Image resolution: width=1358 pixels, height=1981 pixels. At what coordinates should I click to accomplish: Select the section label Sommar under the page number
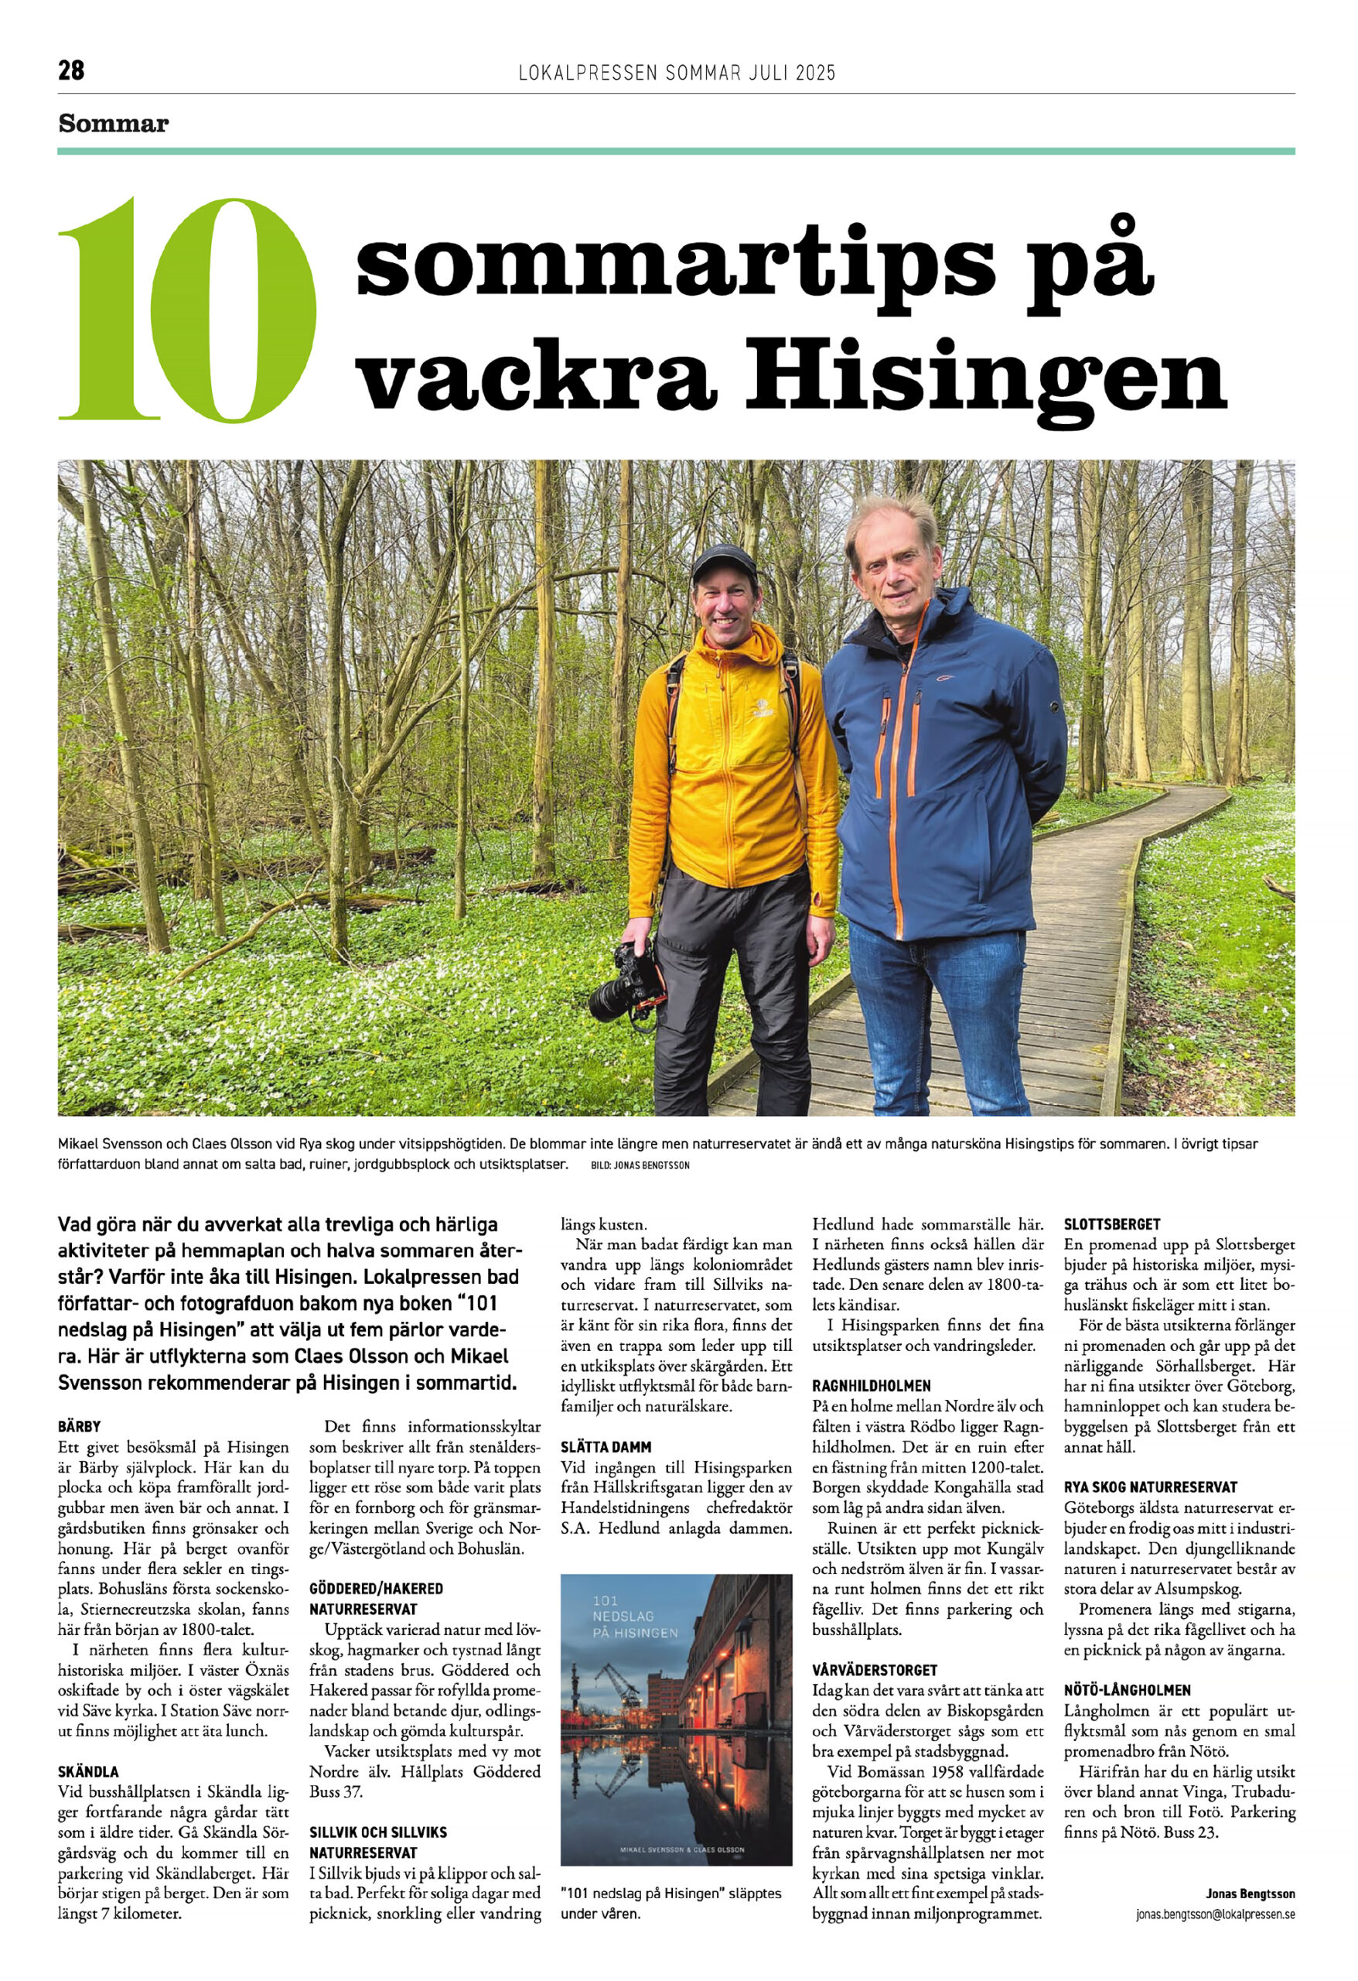pos(114,125)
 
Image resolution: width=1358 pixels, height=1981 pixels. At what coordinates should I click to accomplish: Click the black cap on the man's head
pos(724,562)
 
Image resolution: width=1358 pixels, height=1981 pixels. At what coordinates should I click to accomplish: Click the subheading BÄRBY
pos(79,1425)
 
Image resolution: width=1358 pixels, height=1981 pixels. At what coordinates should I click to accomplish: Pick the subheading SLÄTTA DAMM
pos(606,1446)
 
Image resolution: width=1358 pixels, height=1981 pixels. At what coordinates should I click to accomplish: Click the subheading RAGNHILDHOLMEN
pos(872,1385)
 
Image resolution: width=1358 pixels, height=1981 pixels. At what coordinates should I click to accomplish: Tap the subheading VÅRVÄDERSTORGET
pos(874,1670)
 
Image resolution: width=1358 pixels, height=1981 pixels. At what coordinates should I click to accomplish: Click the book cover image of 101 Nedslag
pos(676,1720)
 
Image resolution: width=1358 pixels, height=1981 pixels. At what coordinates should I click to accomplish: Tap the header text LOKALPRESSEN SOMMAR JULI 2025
pos(677,73)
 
